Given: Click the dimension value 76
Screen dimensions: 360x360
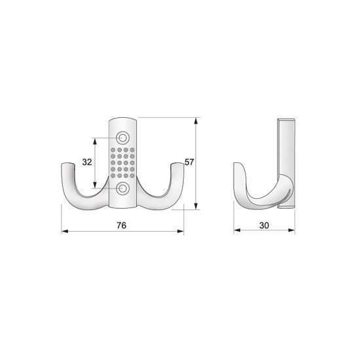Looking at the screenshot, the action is (x=122, y=225).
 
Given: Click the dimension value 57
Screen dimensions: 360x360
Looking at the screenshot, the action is (x=189, y=162).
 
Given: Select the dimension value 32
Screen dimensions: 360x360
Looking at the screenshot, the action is (x=87, y=162).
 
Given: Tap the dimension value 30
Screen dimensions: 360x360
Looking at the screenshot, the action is (x=264, y=225).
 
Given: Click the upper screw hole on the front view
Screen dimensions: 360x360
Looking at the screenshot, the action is (x=123, y=138).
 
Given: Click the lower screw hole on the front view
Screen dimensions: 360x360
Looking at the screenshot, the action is (x=123, y=189).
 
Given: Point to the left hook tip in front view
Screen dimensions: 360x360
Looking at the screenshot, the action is (x=67, y=164).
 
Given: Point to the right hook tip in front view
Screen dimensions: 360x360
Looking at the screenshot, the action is (x=177, y=164).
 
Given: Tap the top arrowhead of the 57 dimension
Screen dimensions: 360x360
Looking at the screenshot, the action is (x=196, y=121).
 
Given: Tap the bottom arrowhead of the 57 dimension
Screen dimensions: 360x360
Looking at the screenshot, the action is (x=196, y=206).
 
